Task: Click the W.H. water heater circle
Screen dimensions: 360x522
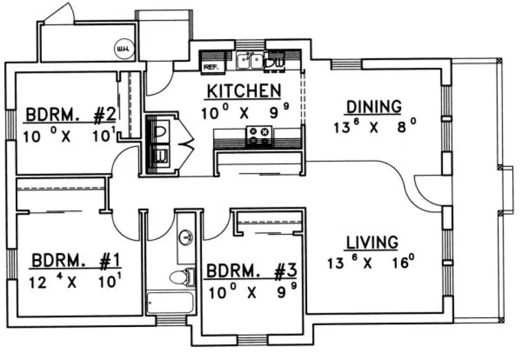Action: (x=120, y=50)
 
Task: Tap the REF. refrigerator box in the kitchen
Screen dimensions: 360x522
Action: (x=209, y=67)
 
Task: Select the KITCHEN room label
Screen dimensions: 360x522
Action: (x=243, y=92)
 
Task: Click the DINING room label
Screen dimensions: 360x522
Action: (x=374, y=107)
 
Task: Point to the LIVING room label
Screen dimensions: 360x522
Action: (x=373, y=242)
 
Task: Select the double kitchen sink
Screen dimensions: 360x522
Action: (x=250, y=61)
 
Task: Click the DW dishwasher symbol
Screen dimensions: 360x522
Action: (x=276, y=62)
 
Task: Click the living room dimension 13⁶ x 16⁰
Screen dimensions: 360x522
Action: (x=371, y=264)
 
